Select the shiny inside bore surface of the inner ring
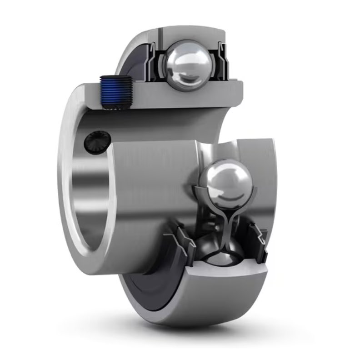click(x=91, y=191)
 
